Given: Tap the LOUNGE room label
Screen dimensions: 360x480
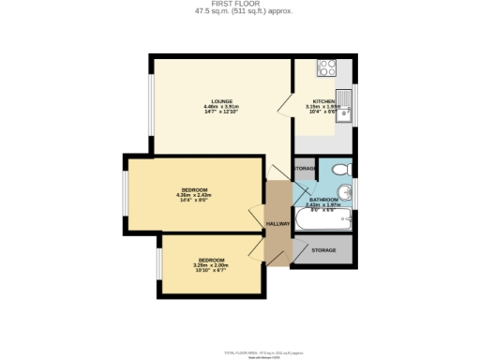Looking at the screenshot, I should pyautogui.click(x=221, y=101).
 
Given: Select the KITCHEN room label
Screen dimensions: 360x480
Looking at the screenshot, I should pyautogui.click(x=323, y=101).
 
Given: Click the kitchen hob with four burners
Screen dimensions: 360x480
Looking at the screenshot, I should pyautogui.click(x=328, y=67).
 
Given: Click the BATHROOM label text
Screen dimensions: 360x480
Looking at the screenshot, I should pyautogui.click(x=323, y=200).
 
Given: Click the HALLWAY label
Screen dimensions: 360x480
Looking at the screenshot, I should pyautogui.click(x=278, y=224).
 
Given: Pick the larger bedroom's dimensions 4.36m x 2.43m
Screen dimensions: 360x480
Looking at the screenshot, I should pyautogui.click(x=195, y=196).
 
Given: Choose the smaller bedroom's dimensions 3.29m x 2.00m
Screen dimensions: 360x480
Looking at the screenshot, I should pyautogui.click(x=211, y=265).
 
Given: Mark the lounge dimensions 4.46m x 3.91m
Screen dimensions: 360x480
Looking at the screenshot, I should pyautogui.click(x=221, y=107).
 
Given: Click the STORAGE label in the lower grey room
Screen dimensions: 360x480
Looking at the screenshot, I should pyautogui.click(x=323, y=250).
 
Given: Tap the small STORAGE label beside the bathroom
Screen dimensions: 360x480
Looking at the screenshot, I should pyautogui.click(x=305, y=169).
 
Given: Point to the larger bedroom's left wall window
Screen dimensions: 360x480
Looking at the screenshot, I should pyautogui.click(x=124, y=195).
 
